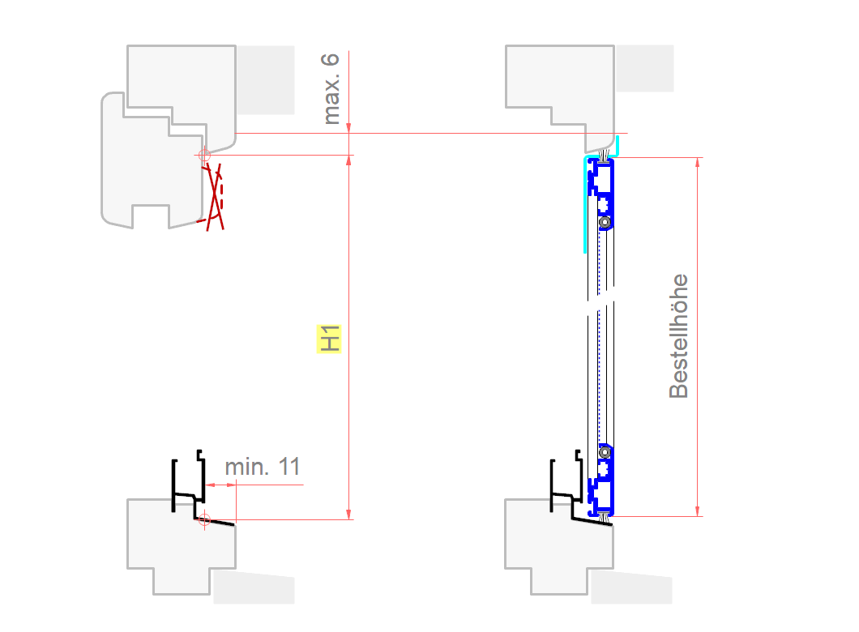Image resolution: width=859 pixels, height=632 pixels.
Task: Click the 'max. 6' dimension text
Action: click(331, 89)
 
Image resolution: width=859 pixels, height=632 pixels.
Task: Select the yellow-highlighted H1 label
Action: click(328, 339)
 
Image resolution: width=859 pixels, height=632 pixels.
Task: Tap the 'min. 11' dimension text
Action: click(262, 467)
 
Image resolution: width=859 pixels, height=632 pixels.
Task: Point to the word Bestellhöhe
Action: click(678, 336)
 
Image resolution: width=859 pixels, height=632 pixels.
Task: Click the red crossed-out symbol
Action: click(215, 194)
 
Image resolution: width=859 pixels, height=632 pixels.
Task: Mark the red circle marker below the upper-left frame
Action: click(204, 154)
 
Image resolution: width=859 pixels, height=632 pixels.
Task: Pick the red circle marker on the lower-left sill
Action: click(204, 519)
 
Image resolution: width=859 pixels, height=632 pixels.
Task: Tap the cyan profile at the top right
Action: click(584, 203)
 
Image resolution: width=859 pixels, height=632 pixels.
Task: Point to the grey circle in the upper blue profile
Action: click(604, 222)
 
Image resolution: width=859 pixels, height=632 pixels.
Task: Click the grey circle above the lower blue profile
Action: click(604, 451)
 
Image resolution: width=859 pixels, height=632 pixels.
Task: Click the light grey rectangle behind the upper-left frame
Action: click(265, 79)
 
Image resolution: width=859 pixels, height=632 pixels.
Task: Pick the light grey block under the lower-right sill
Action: click(631, 587)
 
